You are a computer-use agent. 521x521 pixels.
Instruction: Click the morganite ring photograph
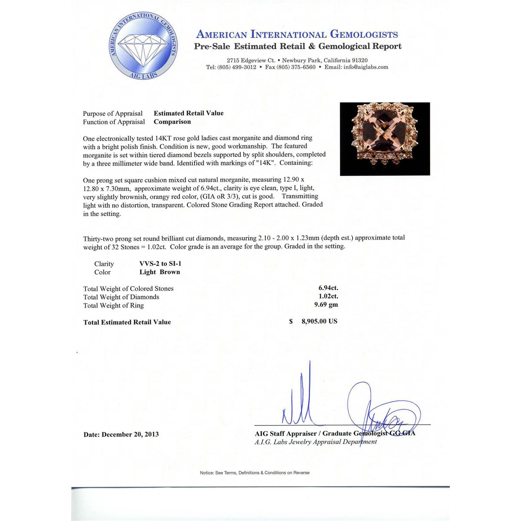pyautogui.click(x=385, y=139)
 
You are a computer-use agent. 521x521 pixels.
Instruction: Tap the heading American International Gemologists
pyautogui.click(x=297, y=34)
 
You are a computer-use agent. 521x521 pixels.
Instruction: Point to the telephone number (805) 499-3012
pyautogui.click(x=237, y=67)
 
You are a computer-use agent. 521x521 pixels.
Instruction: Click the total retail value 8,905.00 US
pyautogui.click(x=319, y=321)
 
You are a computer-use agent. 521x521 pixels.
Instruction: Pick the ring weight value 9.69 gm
pyautogui.click(x=326, y=304)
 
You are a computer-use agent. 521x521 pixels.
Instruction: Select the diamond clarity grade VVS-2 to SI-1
pyautogui.click(x=160, y=264)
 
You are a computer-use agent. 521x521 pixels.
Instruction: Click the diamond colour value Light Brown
pyautogui.click(x=159, y=272)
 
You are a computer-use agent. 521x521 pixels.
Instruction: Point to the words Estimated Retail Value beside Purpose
pyautogui.click(x=188, y=113)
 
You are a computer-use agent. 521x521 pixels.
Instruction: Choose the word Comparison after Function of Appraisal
pyautogui.click(x=172, y=122)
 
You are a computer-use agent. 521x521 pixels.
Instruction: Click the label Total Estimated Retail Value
pyautogui.click(x=127, y=322)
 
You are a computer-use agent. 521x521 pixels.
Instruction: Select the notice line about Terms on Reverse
pyautogui.click(x=254, y=472)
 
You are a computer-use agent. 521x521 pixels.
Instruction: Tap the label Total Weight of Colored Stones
pyautogui.click(x=128, y=289)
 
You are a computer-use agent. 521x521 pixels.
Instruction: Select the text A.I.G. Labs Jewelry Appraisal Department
pyautogui.click(x=316, y=442)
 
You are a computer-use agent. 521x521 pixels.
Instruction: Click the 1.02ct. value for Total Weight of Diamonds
pyautogui.click(x=328, y=296)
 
